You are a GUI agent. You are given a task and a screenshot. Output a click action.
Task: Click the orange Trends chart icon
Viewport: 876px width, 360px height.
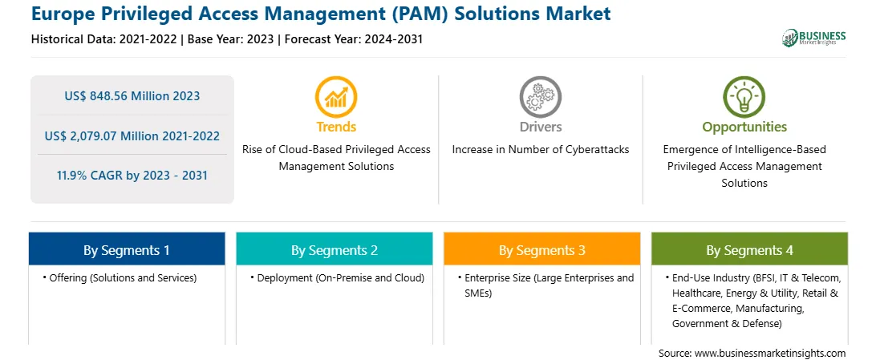(x=336, y=96)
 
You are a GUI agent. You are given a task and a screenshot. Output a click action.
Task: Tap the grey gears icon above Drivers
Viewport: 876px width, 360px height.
(x=540, y=96)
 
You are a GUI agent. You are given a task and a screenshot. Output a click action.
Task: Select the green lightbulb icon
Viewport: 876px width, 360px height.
(x=744, y=96)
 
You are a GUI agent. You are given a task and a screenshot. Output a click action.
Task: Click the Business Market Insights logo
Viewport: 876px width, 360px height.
(x=814, y=38)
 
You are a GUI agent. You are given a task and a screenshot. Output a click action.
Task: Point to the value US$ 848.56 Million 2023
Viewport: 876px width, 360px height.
(x=132, y=95)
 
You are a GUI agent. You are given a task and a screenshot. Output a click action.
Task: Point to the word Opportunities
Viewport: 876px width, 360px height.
(x=744, y=127)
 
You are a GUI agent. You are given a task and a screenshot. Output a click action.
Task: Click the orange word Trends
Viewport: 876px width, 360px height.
(x=336, y=127)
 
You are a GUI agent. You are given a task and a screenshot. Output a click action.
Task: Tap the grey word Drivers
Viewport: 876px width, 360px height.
(x=540, y=127)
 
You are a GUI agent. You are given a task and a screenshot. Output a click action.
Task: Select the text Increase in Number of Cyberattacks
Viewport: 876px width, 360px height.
(x=540, y=150)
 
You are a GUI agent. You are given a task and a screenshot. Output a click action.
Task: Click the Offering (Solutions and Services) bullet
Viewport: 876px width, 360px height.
(x=120, y=277)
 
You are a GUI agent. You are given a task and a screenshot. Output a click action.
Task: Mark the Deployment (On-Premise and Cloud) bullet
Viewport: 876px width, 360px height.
(x=338, y=277)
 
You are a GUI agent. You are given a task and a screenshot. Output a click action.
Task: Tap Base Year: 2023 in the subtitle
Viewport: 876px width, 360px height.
(x=231, y=39)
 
